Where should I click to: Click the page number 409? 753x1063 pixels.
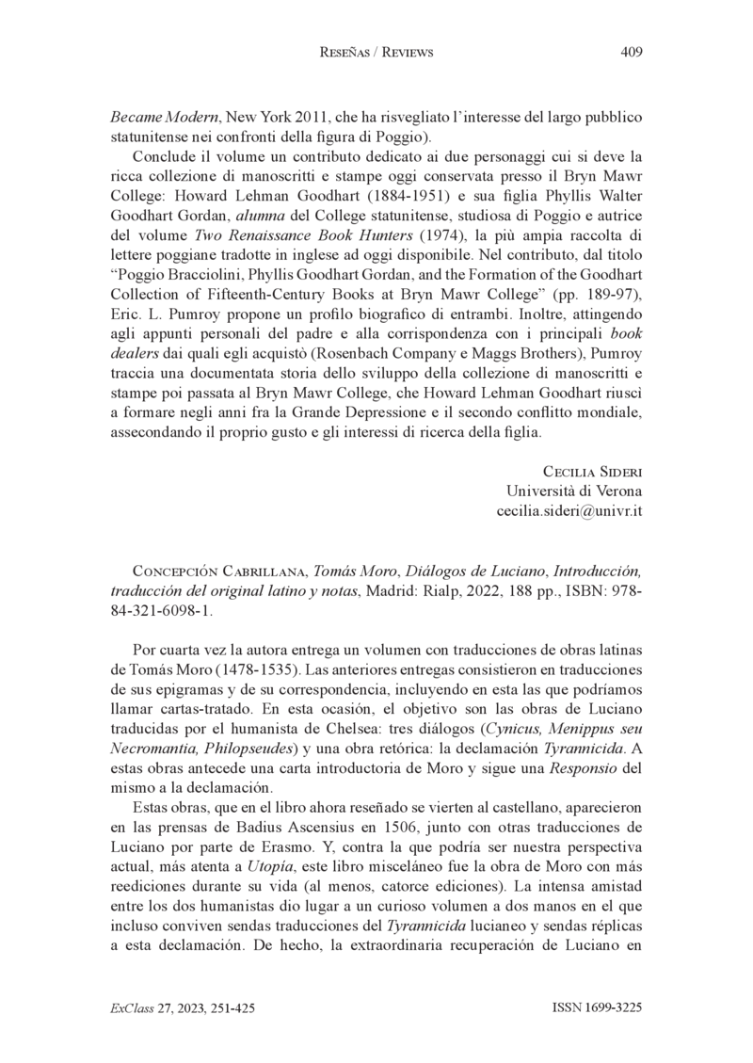click(x=632, y=53)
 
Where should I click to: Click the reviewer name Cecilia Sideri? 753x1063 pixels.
click(x=593, y=471)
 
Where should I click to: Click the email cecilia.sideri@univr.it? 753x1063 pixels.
click(x=569, y=510)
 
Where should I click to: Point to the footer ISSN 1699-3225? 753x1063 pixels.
click(x=597, y=1007)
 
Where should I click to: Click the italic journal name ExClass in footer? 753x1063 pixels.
click(x=128, y=1007)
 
